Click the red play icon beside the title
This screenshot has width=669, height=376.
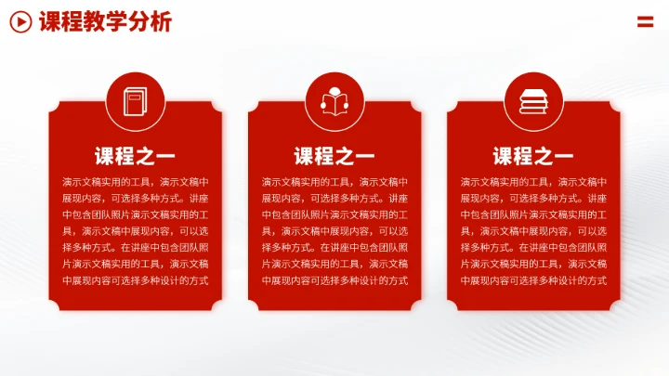tap(20, 22)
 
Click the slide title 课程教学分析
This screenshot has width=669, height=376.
tap(105, 22)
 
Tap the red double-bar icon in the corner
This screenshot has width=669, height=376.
tap(646, 21)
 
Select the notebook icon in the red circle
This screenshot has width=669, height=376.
tap(135, 99)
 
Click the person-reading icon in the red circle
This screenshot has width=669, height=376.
tap(334, 99)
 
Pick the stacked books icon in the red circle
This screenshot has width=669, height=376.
tap(533, 99)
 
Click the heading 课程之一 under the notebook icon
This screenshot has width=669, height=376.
tap(135, 155)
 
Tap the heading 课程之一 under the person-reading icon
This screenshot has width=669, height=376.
tap(334, 155)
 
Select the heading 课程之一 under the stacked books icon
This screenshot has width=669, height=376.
tap(533, 155)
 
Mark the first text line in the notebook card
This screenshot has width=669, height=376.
tap(135, 182)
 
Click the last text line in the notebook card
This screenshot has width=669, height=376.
tap(135, 279)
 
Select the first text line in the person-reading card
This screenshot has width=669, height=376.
tap(334, 182)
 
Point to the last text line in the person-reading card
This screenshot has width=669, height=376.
tap(334, 279)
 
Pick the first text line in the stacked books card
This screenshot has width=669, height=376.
tap(533, 182)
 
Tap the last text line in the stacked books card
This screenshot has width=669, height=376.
tap(533, 279)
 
